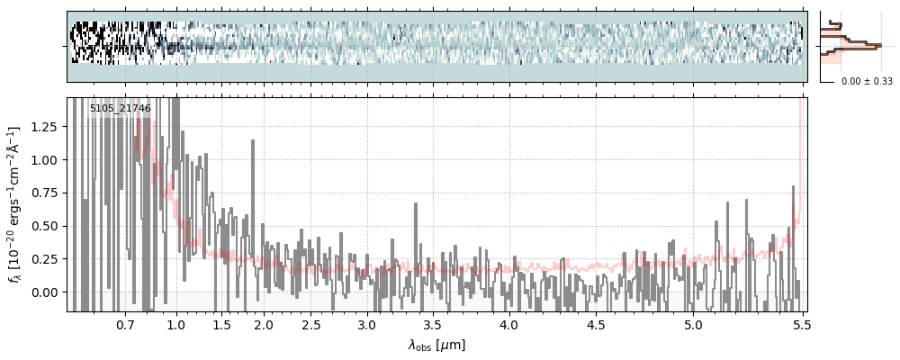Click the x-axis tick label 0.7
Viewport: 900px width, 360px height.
pos(124,324)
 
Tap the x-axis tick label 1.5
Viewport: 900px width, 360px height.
pos(221,324)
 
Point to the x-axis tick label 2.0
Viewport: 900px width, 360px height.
pos(263,324)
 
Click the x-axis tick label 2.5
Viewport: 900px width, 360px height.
pos(311,324)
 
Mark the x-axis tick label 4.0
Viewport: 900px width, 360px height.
pos(508,324)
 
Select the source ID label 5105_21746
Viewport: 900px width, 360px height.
pos(120,108)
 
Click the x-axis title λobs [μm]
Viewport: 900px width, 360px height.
pos(436,344)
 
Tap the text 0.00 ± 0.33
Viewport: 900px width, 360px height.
pos(866,82)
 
